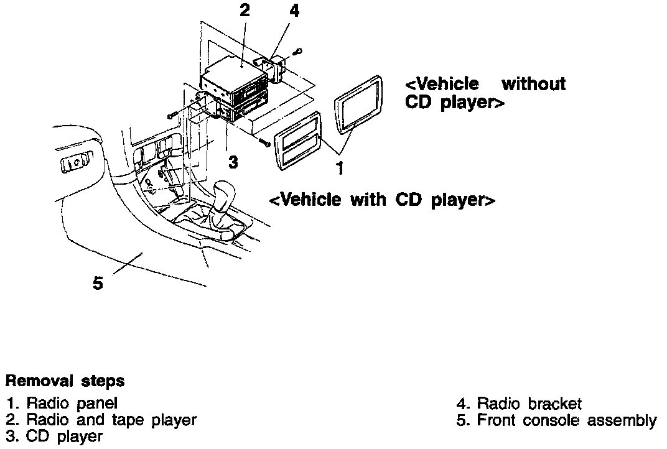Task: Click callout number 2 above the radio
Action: (244, 11)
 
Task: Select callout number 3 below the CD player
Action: (233, 162)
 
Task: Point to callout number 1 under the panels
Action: (340, 167)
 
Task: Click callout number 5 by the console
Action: (98, 282)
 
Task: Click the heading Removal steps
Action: (65, 380)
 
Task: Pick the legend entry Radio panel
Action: (62, 403)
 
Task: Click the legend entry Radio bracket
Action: (519, 403)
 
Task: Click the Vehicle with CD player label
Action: (382, 200)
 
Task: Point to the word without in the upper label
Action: (533, 83)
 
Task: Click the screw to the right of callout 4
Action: (298, 51)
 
